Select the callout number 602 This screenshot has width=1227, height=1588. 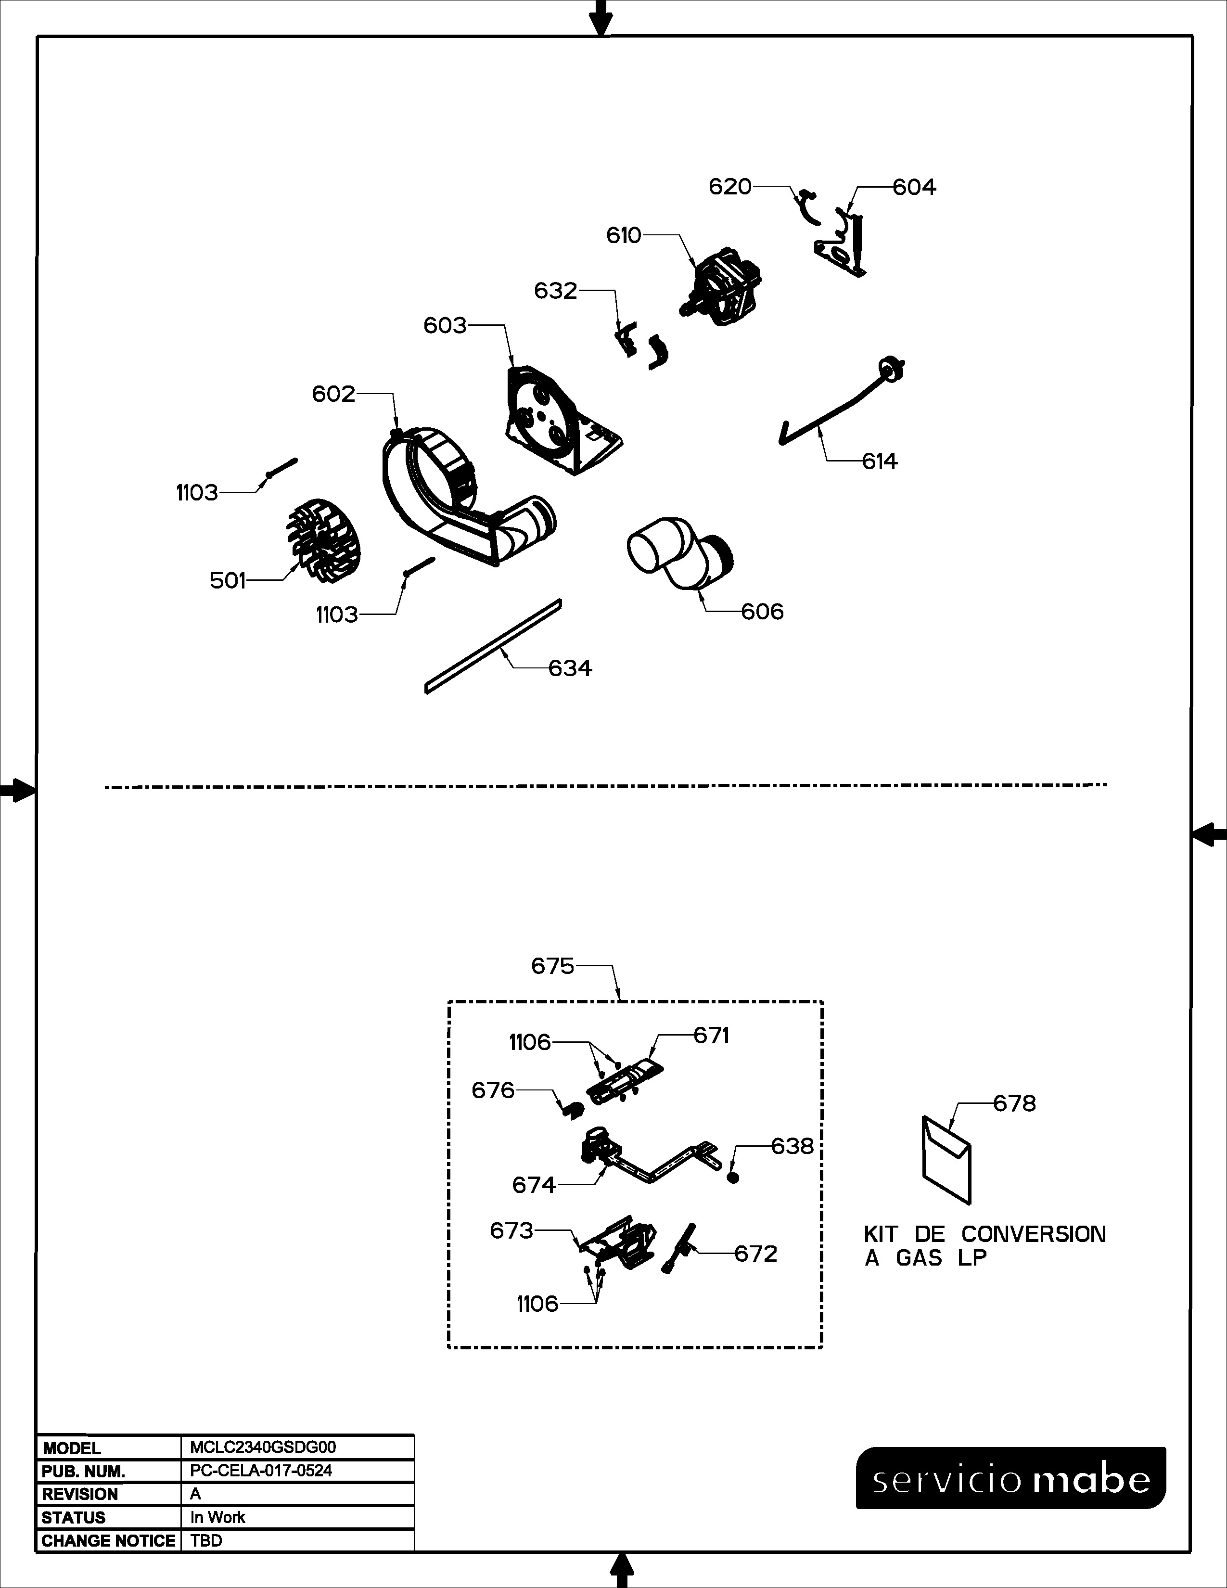coord(333,394)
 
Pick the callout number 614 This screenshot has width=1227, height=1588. coord(880,461)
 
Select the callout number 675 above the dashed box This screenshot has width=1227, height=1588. coord(552,966)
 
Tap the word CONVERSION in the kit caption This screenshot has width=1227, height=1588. coord(1034,1234)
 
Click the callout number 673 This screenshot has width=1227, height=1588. coord(512,1230)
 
